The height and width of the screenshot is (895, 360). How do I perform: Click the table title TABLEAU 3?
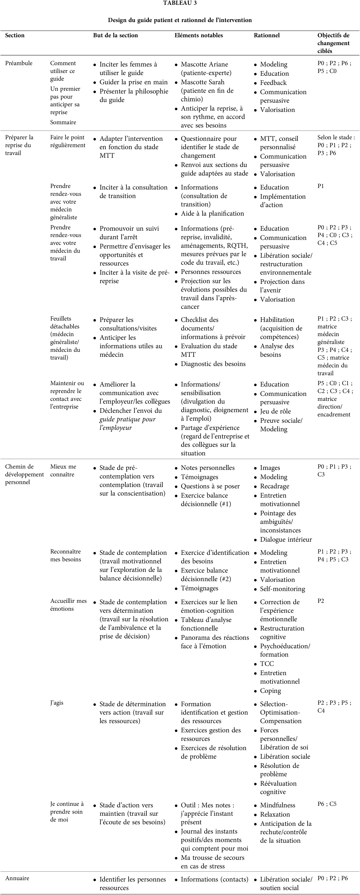(180, 3)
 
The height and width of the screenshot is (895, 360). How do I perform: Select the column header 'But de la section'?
(115, 35)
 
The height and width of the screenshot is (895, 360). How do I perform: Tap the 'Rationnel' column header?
(267, 35)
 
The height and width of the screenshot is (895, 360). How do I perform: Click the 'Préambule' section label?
(19, 63)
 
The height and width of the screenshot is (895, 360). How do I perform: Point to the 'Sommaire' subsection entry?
(63, 122)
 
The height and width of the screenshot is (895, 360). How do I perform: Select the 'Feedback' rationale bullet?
(273, 83)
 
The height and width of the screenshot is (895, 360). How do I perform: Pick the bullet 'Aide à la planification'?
(212, 214)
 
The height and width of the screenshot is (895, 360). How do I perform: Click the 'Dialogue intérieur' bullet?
(286, 540)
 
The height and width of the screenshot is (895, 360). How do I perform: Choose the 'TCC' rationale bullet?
(267, 664)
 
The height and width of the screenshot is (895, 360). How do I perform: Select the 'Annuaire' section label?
(17, 878)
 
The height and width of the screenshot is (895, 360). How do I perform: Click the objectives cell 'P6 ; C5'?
(327, 804)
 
